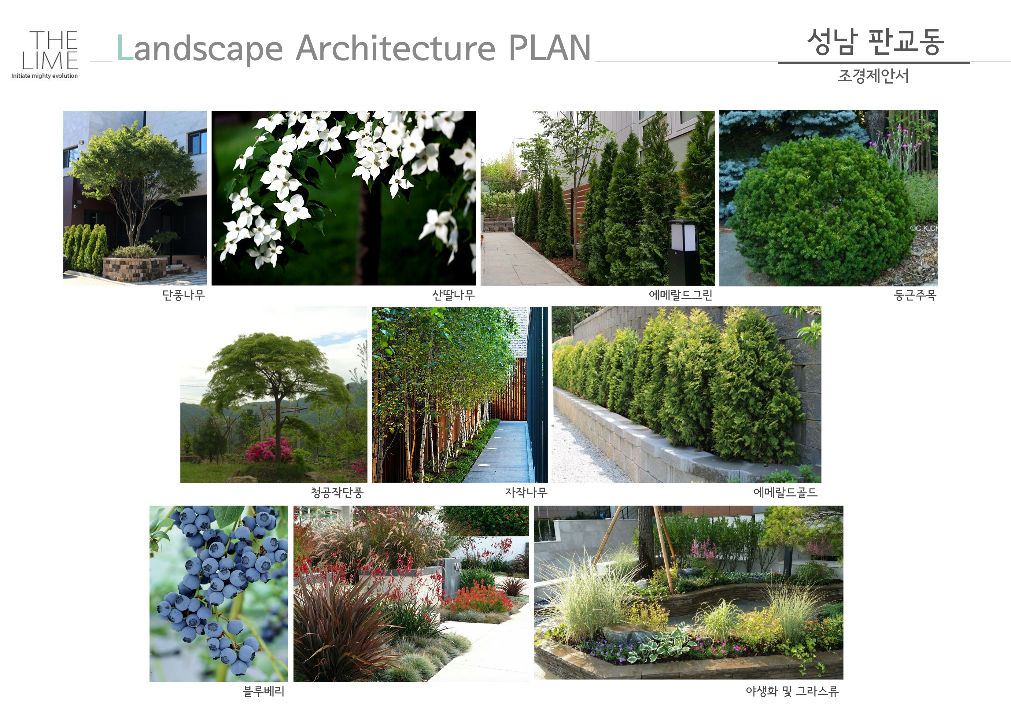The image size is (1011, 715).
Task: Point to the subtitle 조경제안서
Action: pos(873,76)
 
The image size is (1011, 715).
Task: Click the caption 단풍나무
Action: pos(184,295)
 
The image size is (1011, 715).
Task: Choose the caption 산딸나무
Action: pos(453,295)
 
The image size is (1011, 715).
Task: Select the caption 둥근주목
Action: pos(915,295)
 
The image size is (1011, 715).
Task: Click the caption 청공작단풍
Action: pos(337,492)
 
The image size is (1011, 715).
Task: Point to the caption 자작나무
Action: pos(526,492)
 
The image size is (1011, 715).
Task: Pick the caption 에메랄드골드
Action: pos(786,492)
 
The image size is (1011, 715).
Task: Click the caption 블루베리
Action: pos(263,691)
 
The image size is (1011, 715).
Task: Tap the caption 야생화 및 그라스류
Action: pos(792,691)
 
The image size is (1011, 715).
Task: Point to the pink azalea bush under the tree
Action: pos(269,450)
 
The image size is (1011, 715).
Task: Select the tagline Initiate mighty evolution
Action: pos(44,76)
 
